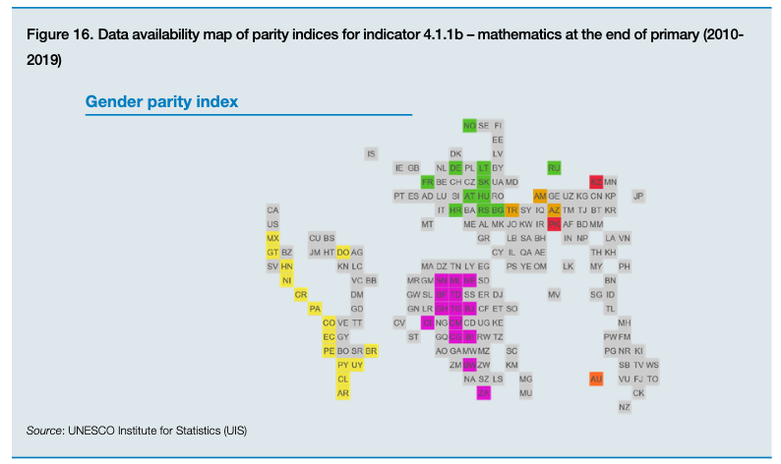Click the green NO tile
(469, 126)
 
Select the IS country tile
(371, 153)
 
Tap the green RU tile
(554, 168)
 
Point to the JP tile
(638, 196)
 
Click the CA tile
(272, 210)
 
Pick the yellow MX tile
(272, 238)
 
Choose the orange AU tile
(596, 378)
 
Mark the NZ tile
(625, 407)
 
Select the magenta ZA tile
(483, 393)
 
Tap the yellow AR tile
(343, 393)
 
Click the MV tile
(554, 294)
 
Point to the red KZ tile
(596, 182)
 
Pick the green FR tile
(427, 182)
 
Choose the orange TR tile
(511, 210)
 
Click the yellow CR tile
(301, 294)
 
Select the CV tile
(399, 322)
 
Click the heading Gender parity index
(161, 101)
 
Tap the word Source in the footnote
(44, 431)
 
